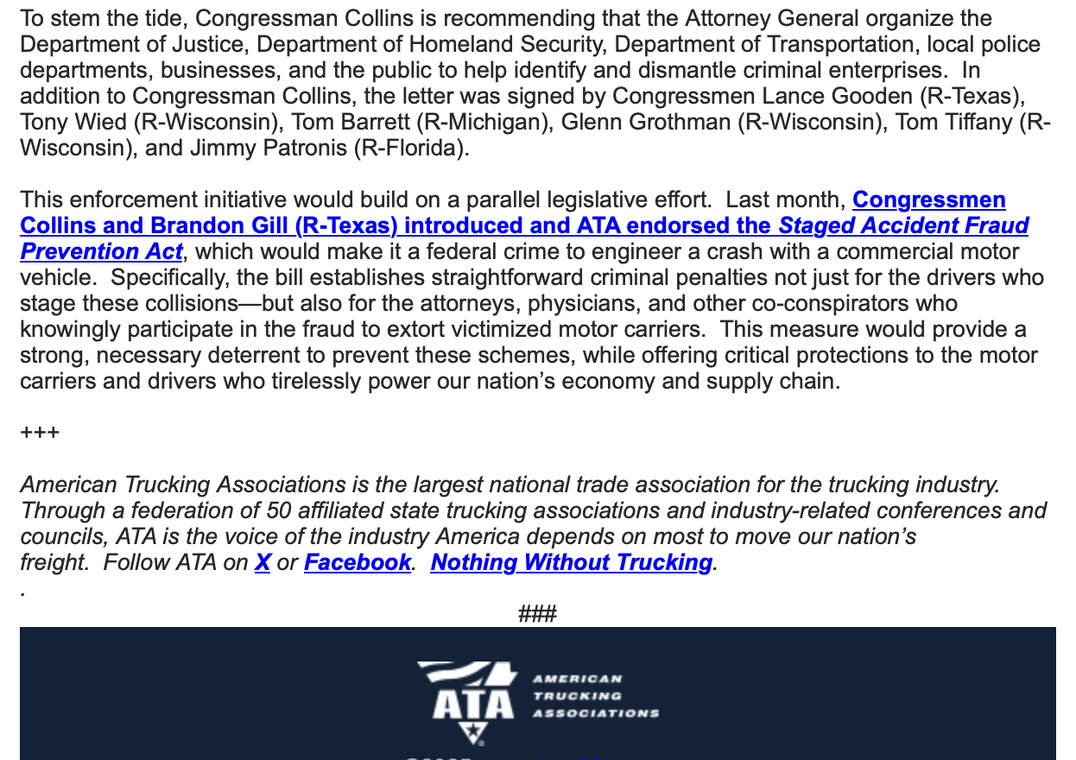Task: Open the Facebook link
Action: coord(358,563)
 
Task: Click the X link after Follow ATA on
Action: coord(263,563)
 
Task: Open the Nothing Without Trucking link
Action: coord(572,563)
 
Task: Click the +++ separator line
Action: coord(40,433)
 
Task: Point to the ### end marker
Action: coord(537,615)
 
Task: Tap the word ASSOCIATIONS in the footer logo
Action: coord(596,713)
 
